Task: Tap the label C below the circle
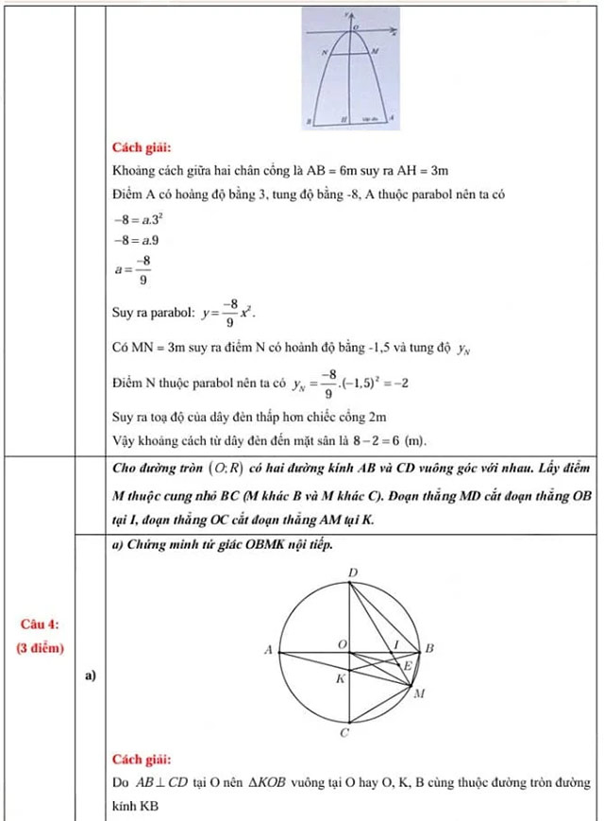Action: coord(344,732)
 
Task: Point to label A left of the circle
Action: coord(268,650)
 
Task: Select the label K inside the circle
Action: coord(342,679)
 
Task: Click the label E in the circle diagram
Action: coord(408,666)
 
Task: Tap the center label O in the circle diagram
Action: coord(343,642)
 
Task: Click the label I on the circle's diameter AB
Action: coord(396,642)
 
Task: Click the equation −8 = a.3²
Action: coord(136,217)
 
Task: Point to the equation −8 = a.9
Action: coord(134,241)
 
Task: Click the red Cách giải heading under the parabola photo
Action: coord(141,147)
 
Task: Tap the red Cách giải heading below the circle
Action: coord(141,759)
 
